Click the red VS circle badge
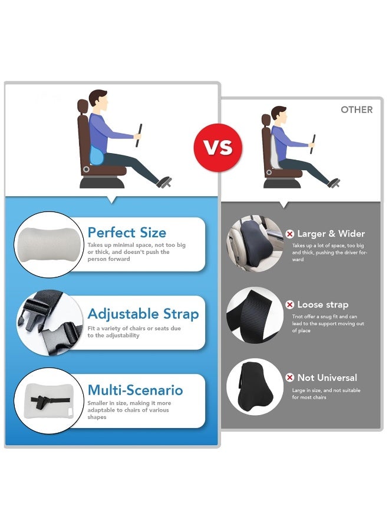tap(218, 147)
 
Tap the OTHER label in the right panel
tap(357, 110)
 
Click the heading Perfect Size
tap(127, 232)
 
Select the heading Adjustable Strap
tap(143, 313)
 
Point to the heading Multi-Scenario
tap(135, 390)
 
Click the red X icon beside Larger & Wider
tap(289, 234)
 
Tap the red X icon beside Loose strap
tap(289, 304)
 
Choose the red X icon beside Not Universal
tap(289, 377)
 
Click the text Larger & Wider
tap(331, 234)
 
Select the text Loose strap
tap(322, 304)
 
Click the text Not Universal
tap(327, 377)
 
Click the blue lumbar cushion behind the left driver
tap(95, 155)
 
